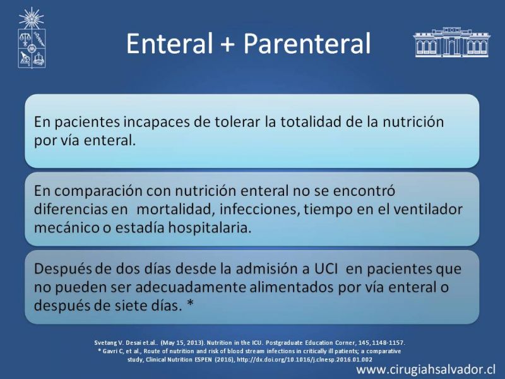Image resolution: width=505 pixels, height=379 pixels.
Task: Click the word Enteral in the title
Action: pyautogui.click(x=169, y=44)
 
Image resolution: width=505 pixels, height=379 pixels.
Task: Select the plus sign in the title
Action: pyautogui.click(x=227, y=44)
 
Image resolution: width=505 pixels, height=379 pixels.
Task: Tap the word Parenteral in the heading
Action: pyautogui.click(x=307, y=44)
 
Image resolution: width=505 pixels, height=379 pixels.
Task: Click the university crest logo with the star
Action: pyautogui.click(x=32, y=38)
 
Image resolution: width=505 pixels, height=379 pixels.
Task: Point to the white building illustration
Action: pyautogui.click(x=452, y=42)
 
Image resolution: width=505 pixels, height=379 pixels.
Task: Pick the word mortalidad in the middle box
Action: pyautogui.click(x=175, y=210)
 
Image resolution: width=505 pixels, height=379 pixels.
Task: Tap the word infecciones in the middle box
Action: pyautogui.click(x=259, y=210)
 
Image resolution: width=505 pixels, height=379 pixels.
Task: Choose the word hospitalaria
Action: pyautogui.click(x=210, y=228)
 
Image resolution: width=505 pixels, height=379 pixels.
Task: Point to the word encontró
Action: pyautogui.click(x=364, y=191)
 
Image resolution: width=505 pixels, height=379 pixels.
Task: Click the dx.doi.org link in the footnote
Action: pyautogui.click(x=304, y=359)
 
